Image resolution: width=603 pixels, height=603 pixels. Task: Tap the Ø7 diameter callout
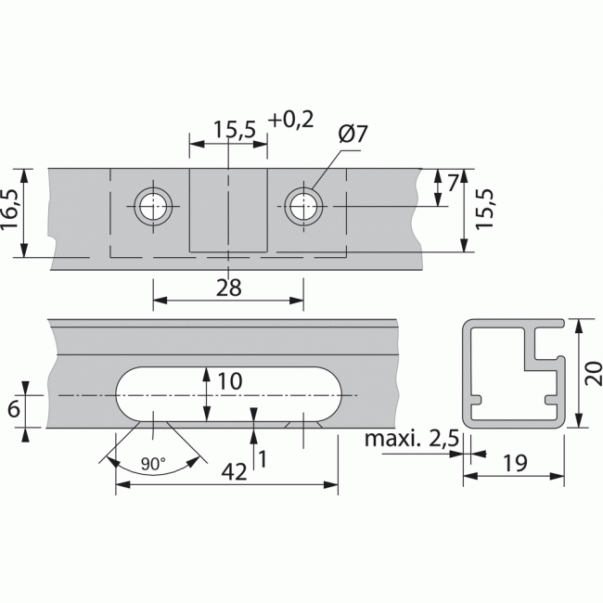[x=353, y=135]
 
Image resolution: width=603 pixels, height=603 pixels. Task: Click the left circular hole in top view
[x=153, y=205]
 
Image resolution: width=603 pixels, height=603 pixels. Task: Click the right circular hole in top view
[x=303, y=205]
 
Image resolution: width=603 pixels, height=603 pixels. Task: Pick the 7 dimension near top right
[x=453, y=183]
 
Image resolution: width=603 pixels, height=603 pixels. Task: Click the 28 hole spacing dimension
[x=227, y=288]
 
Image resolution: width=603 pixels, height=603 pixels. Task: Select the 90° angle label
[x=153, y=461]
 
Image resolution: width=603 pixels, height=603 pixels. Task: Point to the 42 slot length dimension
[x=236, y=471]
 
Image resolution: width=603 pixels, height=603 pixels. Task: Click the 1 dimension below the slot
[x=263, y=456]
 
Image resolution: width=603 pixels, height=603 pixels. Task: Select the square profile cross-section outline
[x=515, y=374]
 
